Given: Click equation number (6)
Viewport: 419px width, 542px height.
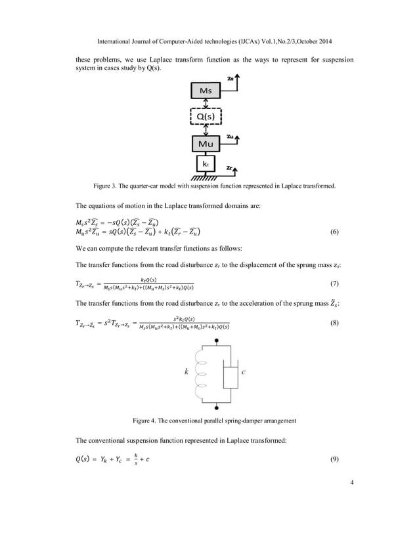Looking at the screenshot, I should click(334, 232).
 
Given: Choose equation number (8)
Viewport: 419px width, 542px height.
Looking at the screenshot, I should click(334, 323).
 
